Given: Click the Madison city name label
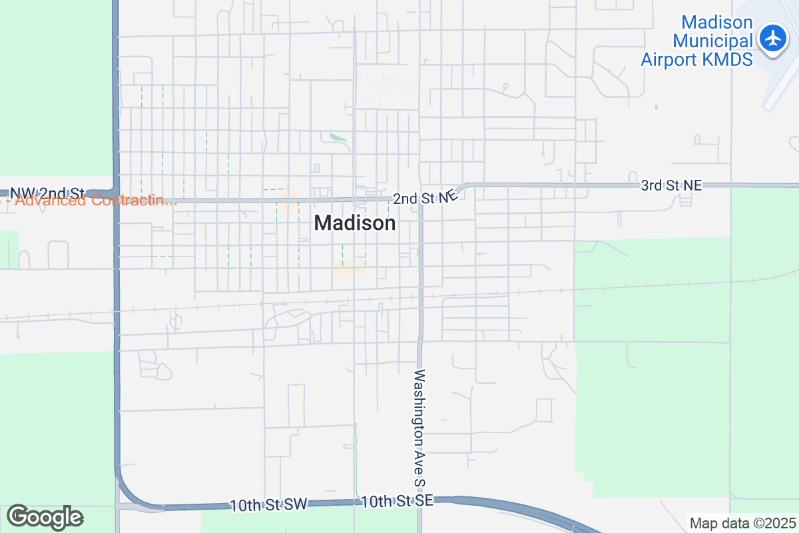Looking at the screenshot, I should (355, 223).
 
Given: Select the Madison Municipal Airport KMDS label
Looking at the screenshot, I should (696, 41).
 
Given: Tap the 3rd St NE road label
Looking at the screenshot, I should (671, 185).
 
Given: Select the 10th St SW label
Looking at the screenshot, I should (268, 505).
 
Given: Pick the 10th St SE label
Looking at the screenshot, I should (397, 501).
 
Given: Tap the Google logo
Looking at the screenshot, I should (45, 517).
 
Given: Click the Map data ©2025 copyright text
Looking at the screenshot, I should (742, 523).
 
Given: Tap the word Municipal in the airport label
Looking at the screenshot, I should (712, 41).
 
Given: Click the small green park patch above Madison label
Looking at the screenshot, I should (338, 138).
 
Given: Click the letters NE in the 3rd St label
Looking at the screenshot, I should (692, 185).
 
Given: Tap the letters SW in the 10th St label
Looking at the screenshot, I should (297, 505).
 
